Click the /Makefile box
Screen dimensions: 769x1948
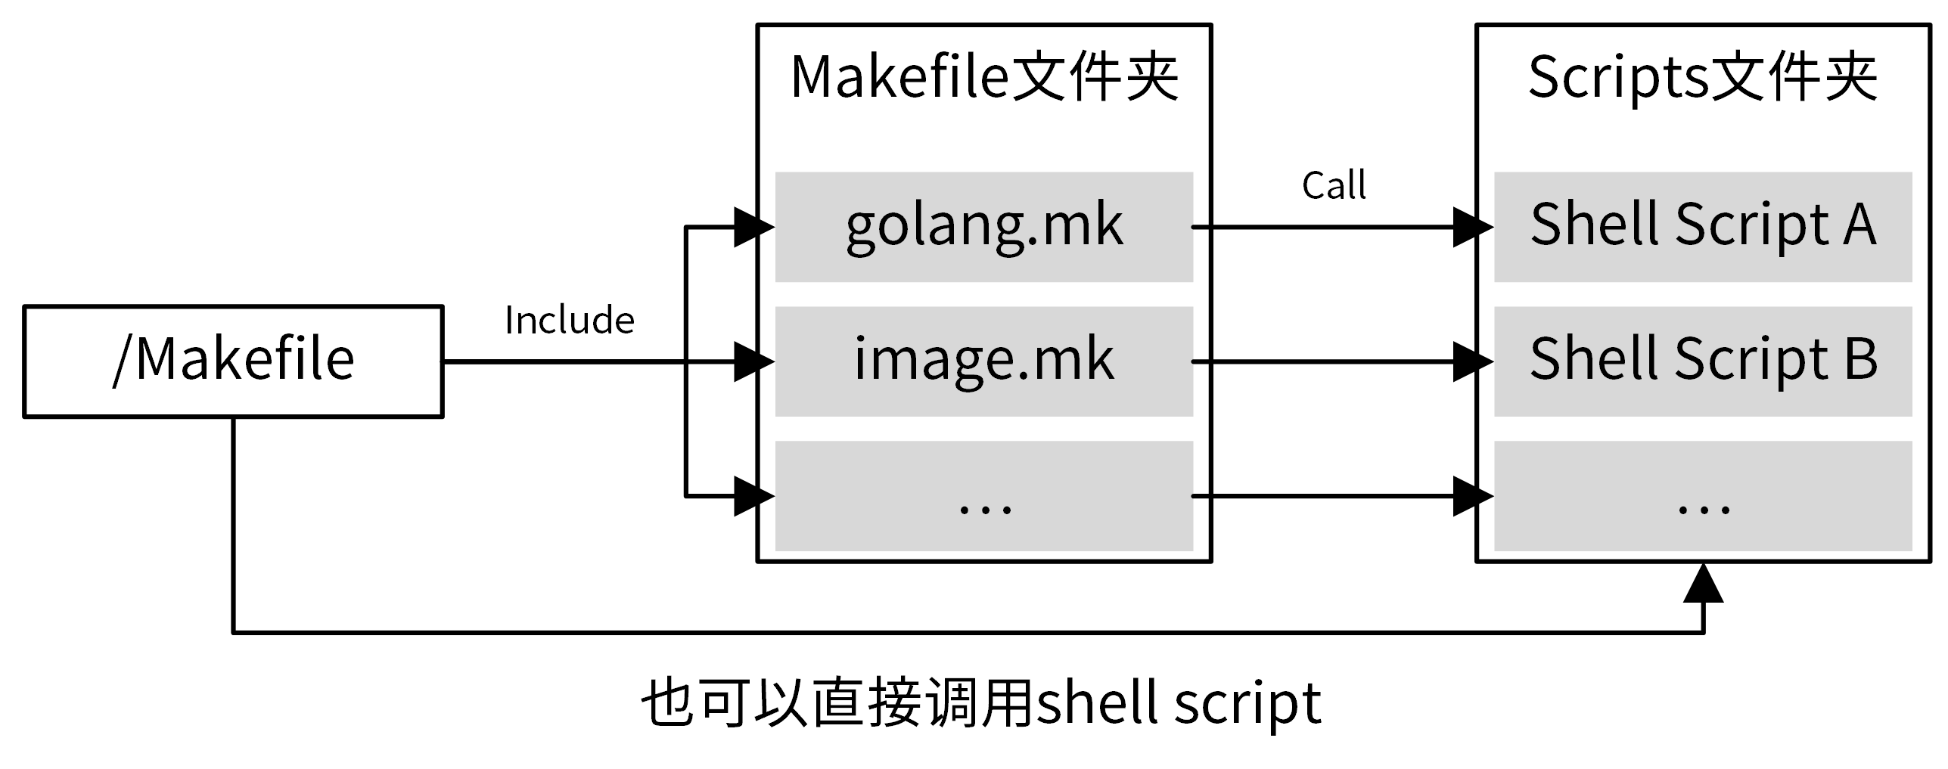pos(233,361)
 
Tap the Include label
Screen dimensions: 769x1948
pos(569,320)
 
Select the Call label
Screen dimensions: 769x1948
pos(1334,185)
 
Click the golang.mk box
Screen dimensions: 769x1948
pos(983,226)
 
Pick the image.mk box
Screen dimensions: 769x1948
pos(983,361)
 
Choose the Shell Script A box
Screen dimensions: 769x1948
pos(1702,226)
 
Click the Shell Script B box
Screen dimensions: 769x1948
pos(1702,361)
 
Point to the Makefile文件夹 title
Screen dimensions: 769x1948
pos(983,78)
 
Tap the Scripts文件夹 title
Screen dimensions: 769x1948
pos(1702,78)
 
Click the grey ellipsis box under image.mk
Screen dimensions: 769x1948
pos(983,496)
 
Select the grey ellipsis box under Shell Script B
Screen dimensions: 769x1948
pos(1702,496)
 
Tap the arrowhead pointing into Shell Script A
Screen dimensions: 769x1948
pos(1471,226)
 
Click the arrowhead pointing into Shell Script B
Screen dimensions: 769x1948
pos(1471,361)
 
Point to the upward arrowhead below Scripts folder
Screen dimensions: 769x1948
pos(1703,584)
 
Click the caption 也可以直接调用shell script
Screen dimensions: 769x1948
pos(981,702)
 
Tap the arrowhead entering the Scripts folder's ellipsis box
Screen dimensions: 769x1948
pos(1471,496)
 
